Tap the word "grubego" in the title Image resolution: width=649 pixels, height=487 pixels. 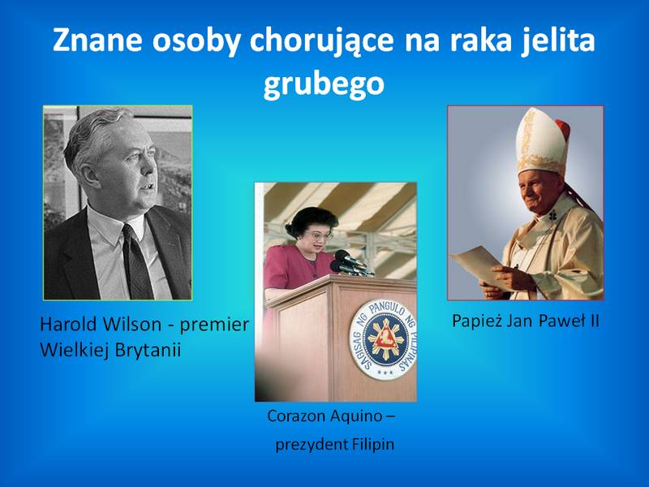(324, 84)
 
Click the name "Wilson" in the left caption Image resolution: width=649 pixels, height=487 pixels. (132, 324)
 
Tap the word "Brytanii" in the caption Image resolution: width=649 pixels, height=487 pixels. (148, 351)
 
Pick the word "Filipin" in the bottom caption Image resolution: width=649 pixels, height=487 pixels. (373, 445)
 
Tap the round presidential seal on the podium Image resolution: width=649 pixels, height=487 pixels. (383, 339)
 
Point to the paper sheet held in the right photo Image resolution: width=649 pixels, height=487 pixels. (480, 266)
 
